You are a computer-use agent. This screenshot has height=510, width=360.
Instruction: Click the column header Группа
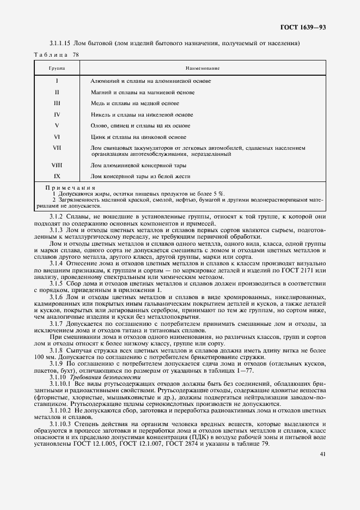(x=57, y=69)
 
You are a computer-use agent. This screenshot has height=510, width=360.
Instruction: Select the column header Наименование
(x=202, y=69)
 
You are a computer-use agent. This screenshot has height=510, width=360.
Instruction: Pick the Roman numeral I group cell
(x=57, y=81)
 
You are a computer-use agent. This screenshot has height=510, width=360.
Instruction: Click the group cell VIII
(x=57, y=165)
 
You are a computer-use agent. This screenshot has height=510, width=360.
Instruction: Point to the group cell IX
(x=57, y=176)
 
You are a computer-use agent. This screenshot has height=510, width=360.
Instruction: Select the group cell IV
(x=57, y=114)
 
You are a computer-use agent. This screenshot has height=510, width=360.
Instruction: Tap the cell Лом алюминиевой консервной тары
(x=138, y=165)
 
